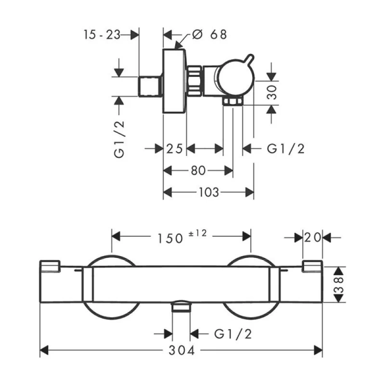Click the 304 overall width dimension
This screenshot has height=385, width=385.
pyautogui.click(x=182, y=350)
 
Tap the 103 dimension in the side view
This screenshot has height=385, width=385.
pyautogui.click(x=209, y=192)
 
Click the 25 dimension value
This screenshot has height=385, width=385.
pyautogui.click(x=175, y=149)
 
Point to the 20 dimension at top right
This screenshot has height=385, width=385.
pyautogui.click(x=312, y=237)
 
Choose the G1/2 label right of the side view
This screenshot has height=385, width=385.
pyautogui.click(x=285, y=149)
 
